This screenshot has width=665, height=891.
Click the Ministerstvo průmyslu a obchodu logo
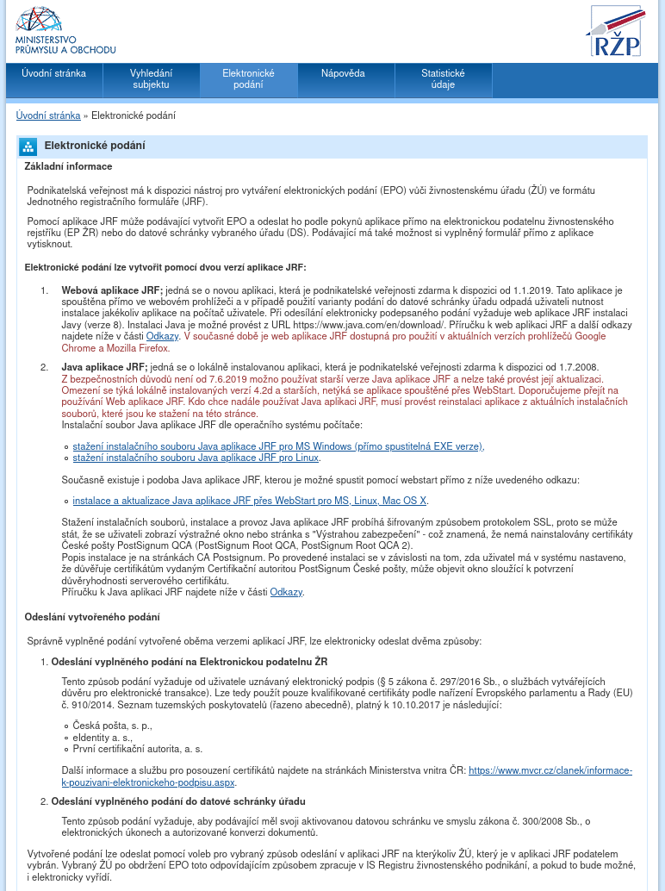(x=65, y=32)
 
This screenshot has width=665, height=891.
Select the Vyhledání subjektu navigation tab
(x=151, y=79)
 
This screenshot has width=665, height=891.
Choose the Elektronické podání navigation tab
(x=248, y=79)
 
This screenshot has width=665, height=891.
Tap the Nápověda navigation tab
(x=343, y=74)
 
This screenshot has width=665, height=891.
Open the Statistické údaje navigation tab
(x=443, y=79)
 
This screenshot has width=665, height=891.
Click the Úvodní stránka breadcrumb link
(x=48, y=115)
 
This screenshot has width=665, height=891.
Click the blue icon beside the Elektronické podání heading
(x=28, y=146)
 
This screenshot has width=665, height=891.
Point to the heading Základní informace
(x=68, y=166)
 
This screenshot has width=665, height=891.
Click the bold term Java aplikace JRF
(x=104, y=367)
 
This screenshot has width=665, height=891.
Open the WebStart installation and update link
(x=250, y=500)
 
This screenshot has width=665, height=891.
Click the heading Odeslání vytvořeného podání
(x=92, y=617)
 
